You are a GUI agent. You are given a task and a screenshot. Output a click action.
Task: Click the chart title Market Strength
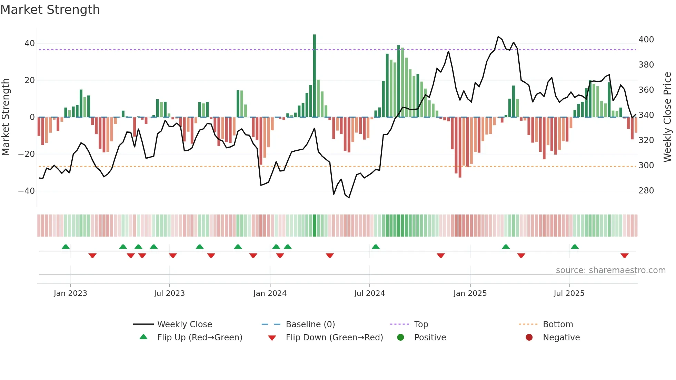point(50,10)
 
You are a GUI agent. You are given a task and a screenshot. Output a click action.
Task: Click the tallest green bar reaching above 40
point(314,76)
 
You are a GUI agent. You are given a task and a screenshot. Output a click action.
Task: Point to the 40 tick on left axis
point(30,43)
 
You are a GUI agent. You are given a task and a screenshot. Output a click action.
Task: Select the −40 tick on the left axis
point(27,191)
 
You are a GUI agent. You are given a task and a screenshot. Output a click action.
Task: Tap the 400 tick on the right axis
point(646,40)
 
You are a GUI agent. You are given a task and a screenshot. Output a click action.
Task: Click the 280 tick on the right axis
point(646,190)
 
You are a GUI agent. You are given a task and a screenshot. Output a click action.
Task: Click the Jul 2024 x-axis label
point(369,293)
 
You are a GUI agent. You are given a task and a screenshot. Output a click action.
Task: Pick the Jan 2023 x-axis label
point(70,293)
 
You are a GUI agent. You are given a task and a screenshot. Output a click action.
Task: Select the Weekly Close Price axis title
point(667,117)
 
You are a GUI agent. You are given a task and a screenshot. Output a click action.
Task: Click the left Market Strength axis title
point(6,117)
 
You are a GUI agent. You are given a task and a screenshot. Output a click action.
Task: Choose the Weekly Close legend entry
point(184,324)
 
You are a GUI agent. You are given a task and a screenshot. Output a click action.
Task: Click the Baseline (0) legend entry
point(310,324)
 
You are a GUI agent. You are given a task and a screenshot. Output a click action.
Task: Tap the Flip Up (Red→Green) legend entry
point(199,338)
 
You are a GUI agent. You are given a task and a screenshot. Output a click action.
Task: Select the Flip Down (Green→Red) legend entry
point(334,338)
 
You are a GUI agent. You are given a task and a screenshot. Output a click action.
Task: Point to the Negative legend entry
point(561,338)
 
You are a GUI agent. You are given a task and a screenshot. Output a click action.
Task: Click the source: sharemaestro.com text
point(610,270)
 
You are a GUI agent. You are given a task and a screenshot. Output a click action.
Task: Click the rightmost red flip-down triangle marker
point(624,256)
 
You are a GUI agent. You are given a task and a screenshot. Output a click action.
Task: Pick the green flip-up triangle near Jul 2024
point(376,247)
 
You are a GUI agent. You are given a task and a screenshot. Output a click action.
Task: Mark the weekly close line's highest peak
point(498,37)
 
